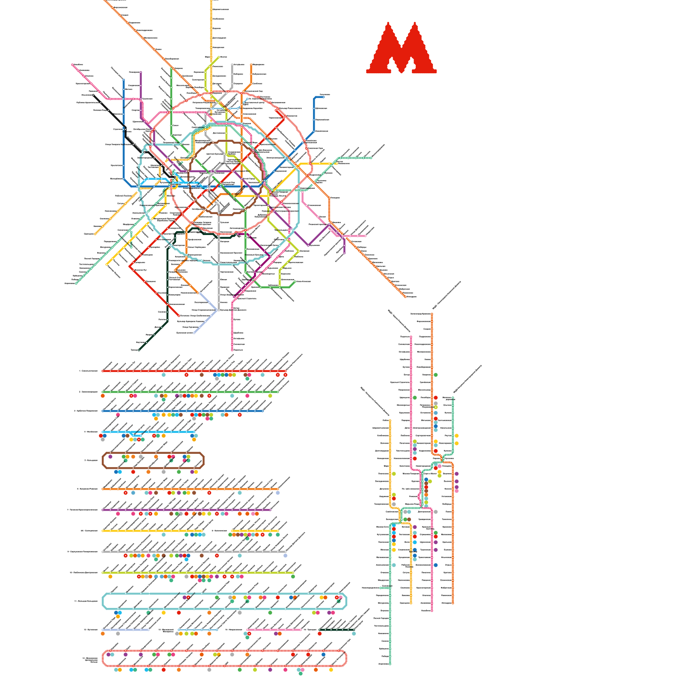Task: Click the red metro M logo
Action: [x=401, y=48]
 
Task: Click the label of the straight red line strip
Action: [x=89, y=371]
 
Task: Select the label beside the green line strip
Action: [x=88, y=392]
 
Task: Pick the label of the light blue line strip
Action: [x=91, y=432]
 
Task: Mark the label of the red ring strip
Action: [x=91, y=660]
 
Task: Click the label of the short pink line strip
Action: [x=234, y=630]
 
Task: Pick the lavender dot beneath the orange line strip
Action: [x=277, y=493]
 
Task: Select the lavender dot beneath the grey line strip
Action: [x=285, y=556]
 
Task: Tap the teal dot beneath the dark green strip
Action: [x=354, y=634]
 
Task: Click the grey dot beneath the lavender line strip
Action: [x=118, y=634]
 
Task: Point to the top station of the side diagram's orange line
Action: [x=432, y=314]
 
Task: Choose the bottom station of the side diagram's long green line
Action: [x=390, y=664]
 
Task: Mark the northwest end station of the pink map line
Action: [x=73, y=65]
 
